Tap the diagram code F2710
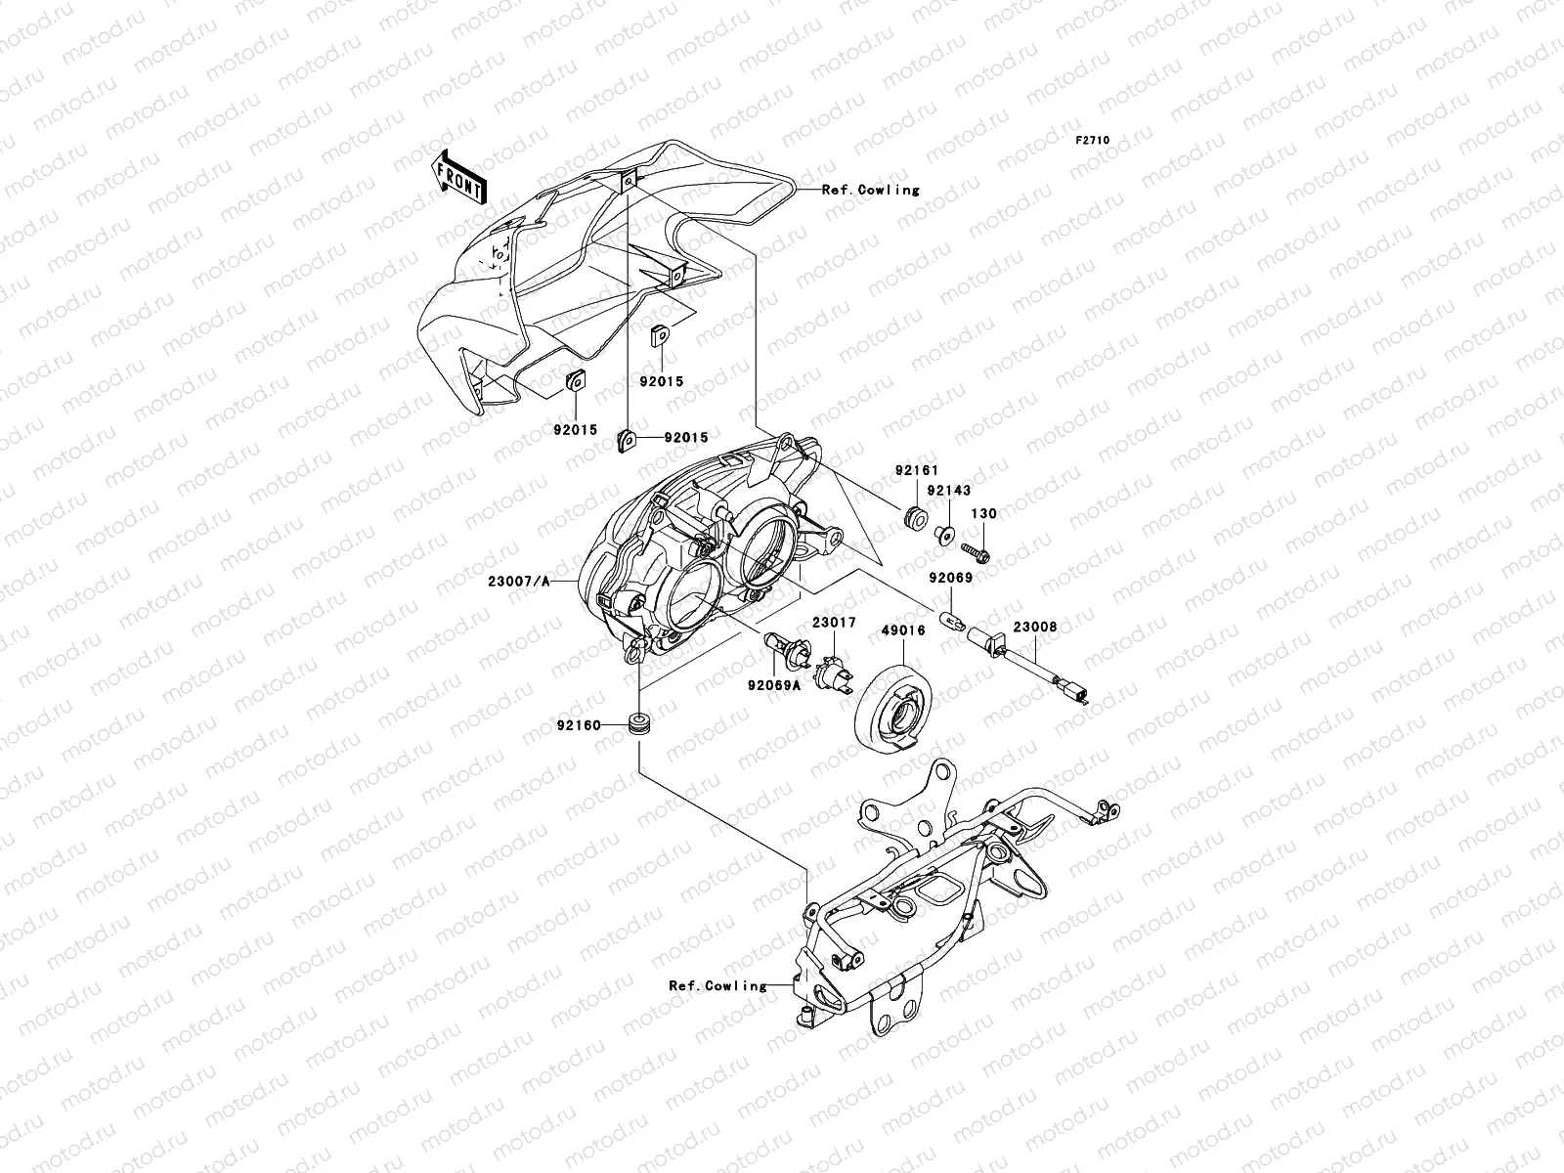[x=1093, y=141]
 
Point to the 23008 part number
[x=1034, y=628]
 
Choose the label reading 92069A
[x=774, y=685]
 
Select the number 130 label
[x=982, y=514]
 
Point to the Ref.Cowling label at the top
[x=870, y=190]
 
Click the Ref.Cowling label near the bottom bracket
[x=717, y=986]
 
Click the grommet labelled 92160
[x=640, y=725]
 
